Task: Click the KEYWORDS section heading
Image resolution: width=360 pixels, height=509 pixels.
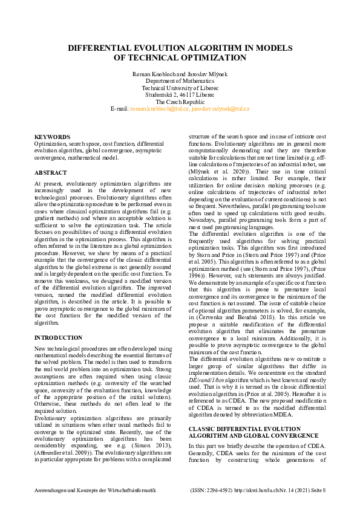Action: pos(52,137)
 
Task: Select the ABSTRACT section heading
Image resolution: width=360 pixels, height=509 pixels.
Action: pos(51,172)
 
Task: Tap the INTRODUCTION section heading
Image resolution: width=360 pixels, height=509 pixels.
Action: pos(59,337)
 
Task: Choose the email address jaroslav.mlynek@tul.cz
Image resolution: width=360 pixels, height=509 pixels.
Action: pos(220,109)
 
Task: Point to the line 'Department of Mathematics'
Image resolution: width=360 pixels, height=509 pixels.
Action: pos(180,80)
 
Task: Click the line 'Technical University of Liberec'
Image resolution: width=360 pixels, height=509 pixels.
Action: pos(180,88)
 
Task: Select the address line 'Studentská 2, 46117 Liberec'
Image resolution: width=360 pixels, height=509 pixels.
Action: pos(180,95)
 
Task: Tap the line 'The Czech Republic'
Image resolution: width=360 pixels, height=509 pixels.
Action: pos(180,102)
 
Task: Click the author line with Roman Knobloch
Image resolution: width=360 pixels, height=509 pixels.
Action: pos(180,73)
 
